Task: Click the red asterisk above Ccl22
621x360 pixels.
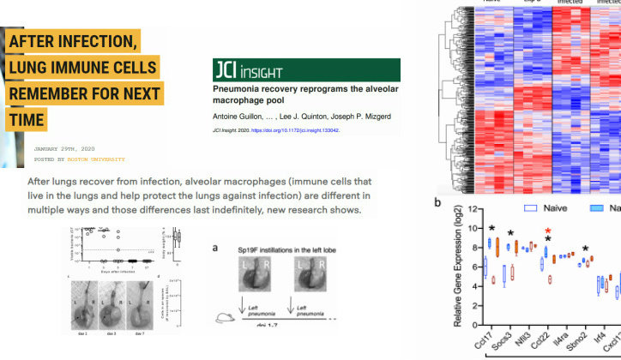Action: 547,231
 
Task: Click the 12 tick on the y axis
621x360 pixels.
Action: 468,209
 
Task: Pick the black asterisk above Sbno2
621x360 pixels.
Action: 586,249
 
